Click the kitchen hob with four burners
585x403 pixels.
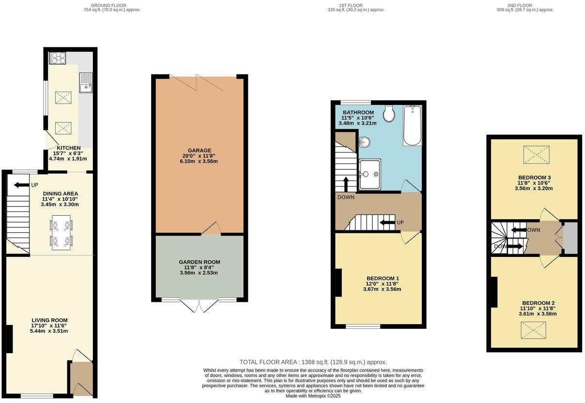point(57,58)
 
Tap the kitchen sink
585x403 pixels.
point(86,82)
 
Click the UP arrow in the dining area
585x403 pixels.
point(21,185)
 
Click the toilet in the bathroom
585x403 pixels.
point(388,114)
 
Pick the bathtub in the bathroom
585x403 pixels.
point(412,125)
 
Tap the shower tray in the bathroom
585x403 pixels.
point(370,175)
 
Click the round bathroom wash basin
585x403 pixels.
point(365,142)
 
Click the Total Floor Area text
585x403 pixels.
point(313,362)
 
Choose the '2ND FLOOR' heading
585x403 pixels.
point(519,6)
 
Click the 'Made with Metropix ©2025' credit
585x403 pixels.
point(313,396)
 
